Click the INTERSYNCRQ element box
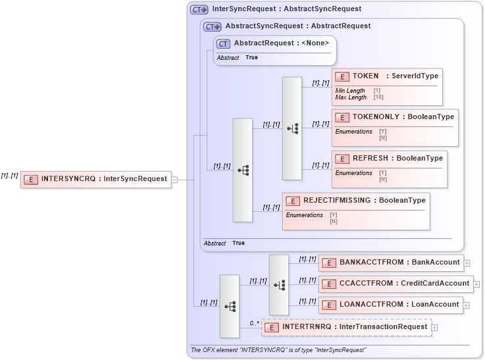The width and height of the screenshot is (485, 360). click(x=95, y=178)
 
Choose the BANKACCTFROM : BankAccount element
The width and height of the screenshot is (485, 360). click(x=391, y=263)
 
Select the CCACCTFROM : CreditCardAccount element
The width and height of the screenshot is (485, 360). click(x=396, y=284)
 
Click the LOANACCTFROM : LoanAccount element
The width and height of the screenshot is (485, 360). click(x=390, y=305)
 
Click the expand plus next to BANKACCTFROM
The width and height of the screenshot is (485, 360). click(x=467, y=263)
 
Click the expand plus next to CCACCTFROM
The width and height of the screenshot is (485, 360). click(x=476, y=284)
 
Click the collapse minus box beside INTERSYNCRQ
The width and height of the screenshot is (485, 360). click(x=174, y=178)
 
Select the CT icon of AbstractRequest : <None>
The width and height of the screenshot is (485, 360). click(x=224, y=43)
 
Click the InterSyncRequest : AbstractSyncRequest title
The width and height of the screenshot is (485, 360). click(x=287, y=9)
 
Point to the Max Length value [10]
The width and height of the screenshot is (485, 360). click(x=378, y=97)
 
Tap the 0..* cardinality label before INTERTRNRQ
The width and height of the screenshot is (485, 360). click(x=253, y=323)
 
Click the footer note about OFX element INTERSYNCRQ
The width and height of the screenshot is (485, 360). click(x=278, y=350)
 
